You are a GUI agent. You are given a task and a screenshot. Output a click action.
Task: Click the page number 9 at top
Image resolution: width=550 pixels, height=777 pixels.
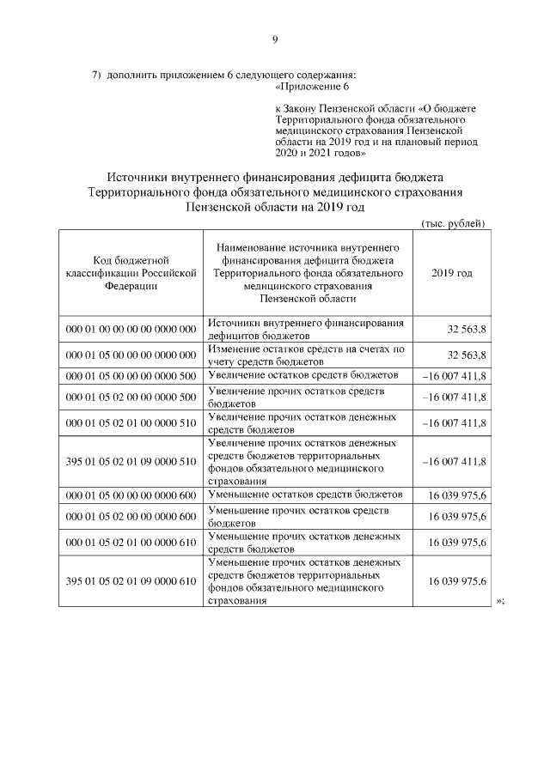coord(275,39)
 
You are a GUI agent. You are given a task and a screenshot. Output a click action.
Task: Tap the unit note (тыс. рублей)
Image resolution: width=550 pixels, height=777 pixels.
coord(454,223)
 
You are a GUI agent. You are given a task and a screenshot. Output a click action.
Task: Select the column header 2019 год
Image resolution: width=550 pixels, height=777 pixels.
coord(451,272)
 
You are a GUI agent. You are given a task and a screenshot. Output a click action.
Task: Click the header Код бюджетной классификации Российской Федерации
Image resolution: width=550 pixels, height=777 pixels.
coord(130,272)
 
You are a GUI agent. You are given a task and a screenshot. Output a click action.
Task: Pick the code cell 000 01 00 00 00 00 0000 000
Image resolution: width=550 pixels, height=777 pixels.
coord(131,330)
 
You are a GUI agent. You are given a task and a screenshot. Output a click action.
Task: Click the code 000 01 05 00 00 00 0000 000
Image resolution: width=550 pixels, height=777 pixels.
coord(131,355)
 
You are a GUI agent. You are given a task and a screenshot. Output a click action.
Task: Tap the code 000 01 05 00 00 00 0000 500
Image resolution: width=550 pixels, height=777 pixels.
coord(131,375)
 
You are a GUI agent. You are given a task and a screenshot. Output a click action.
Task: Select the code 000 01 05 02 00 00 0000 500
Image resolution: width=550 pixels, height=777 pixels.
coord(131,397)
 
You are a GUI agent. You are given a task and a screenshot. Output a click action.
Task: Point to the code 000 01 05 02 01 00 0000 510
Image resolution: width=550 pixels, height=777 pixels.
coord(131,422)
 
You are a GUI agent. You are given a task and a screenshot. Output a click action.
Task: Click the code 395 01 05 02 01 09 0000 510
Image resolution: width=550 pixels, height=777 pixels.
coord(131,461)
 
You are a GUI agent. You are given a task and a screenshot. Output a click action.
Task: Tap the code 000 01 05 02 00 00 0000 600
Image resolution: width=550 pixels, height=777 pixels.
coord(131,516)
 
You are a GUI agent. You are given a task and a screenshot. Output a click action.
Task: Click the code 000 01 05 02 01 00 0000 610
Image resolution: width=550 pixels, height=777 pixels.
coord(131,542)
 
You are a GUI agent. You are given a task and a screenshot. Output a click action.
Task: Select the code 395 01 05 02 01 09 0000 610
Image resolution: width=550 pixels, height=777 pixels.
coord(131,580)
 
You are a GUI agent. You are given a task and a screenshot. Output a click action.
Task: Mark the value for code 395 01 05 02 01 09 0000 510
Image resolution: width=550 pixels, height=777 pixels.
coord(455,461)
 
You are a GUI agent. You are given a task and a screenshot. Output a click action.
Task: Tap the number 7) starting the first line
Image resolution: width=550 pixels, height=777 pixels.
coord(97,76)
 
